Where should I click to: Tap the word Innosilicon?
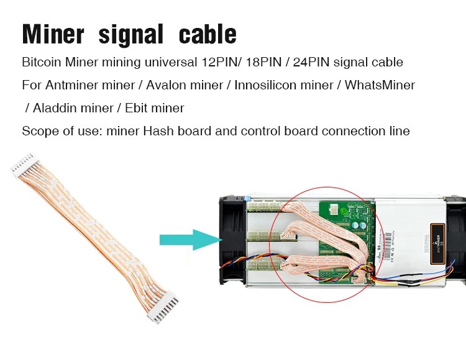coord(266,85)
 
